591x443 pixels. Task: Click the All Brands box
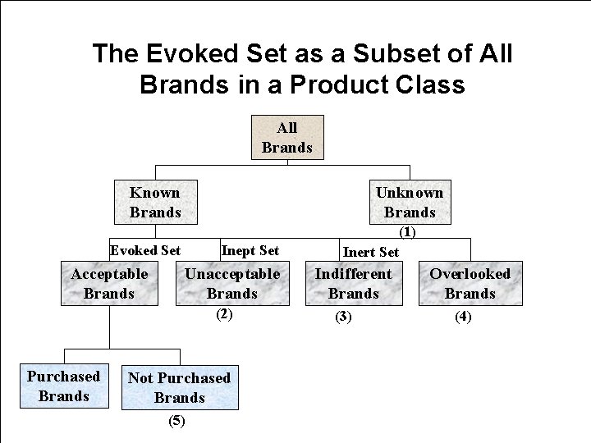286,137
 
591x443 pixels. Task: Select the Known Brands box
155,202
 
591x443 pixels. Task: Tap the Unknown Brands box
410,202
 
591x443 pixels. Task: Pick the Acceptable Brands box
109,283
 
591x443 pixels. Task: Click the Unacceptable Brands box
231,283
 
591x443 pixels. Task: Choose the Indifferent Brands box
354,283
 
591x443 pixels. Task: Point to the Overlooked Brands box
470,283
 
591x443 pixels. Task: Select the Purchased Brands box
63,386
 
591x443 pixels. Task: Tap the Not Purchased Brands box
179,387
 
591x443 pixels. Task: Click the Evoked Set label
145,250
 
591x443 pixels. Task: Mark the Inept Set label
250,250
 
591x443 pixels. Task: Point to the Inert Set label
370,252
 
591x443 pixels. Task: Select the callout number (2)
224,314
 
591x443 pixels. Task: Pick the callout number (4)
463,316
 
